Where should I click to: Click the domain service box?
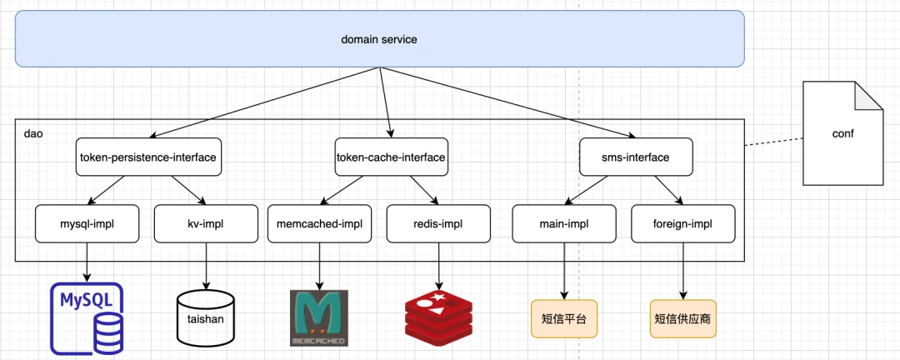tap(379, 39)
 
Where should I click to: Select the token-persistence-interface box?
tap(148, 157)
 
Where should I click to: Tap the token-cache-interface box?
tap(390, 157)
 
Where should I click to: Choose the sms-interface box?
tap(636, 157)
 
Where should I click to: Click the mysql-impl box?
tap(87, 223)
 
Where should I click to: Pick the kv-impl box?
tap(206, 223)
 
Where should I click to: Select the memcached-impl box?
tap(320, 223)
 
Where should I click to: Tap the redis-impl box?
tap(438, 223)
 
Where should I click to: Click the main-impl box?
tap(564, 223)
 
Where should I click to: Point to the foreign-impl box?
tap(683, 223)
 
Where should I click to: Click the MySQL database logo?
tap(87, 317)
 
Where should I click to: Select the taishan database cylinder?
tap(206, 318)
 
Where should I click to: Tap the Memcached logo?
tap(319, 318)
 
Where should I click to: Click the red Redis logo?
tap(439, 315)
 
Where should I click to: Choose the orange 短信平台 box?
tap(564, 318)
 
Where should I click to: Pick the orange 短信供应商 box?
tap(683, 318)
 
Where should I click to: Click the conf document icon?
tap(842, 133)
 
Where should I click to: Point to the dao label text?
tap(33, 134)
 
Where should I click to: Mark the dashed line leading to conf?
tap(773, 142)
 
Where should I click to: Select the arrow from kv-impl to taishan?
tap(206, 266)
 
